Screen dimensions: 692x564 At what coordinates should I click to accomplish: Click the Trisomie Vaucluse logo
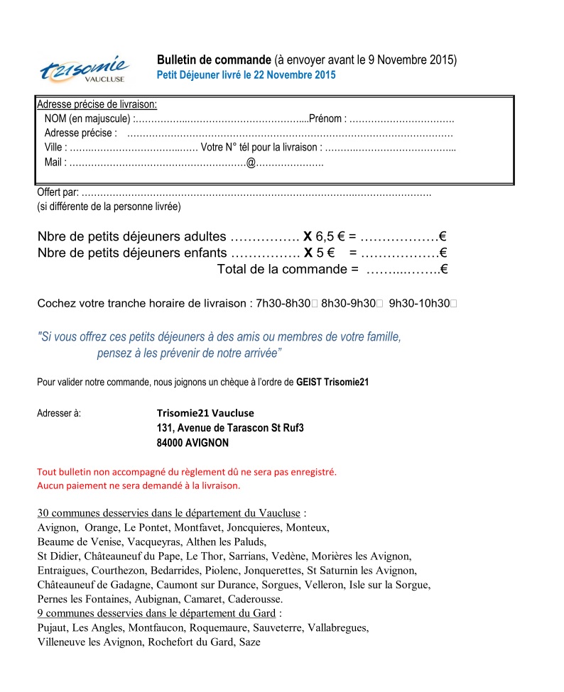coord(85,70)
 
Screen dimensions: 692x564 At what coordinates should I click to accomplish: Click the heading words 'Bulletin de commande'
coord(214,60)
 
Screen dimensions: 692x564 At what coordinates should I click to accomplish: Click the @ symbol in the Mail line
coord(250,163)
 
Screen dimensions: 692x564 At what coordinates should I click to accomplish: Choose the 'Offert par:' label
coord(58,192)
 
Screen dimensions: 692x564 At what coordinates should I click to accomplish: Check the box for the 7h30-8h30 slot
coord(315,304)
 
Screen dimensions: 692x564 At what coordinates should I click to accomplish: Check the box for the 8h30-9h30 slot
coord(380,304)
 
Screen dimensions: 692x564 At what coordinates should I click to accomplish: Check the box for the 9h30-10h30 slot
coord(453,304)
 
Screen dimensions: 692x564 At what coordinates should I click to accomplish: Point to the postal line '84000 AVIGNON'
coord(192,442)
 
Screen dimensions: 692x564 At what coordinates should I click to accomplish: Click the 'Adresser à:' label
coord(59,412)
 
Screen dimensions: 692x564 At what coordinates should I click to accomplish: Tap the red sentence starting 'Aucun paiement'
coord(139,486)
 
